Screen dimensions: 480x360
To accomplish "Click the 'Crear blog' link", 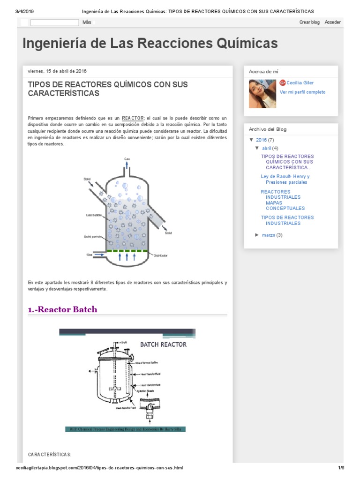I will coord(309,22).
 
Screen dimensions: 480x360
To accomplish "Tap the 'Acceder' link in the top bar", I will coord(333,22).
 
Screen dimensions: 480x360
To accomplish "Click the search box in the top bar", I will coord(54,22).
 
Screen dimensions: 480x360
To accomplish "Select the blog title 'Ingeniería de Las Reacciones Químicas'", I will coord(150,44).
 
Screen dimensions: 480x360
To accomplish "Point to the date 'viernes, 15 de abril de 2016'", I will coord(57,71).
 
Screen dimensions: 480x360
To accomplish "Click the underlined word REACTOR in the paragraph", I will coord(133,118).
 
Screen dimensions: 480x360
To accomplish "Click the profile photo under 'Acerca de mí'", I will coord(263,93).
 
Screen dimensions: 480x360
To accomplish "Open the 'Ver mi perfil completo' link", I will coord(302,92).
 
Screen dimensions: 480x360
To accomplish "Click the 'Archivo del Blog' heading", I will coord(268,129).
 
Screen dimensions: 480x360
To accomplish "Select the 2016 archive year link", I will coord(261,140).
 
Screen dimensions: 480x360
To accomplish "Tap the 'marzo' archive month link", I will coord(269,235).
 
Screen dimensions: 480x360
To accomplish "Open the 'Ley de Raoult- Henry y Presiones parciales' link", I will coord(285,180).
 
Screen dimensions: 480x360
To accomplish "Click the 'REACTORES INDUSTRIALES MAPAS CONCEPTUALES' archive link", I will coord(283,200).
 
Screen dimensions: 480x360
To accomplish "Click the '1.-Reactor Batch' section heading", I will coord(63,309).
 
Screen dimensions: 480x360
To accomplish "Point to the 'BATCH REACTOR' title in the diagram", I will coord(164,345).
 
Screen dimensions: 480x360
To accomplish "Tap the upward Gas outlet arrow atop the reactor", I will coord(127,165).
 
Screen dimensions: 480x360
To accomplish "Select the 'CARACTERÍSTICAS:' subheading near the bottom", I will coord(50,455).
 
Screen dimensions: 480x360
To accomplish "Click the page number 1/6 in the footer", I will coord(341,468).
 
